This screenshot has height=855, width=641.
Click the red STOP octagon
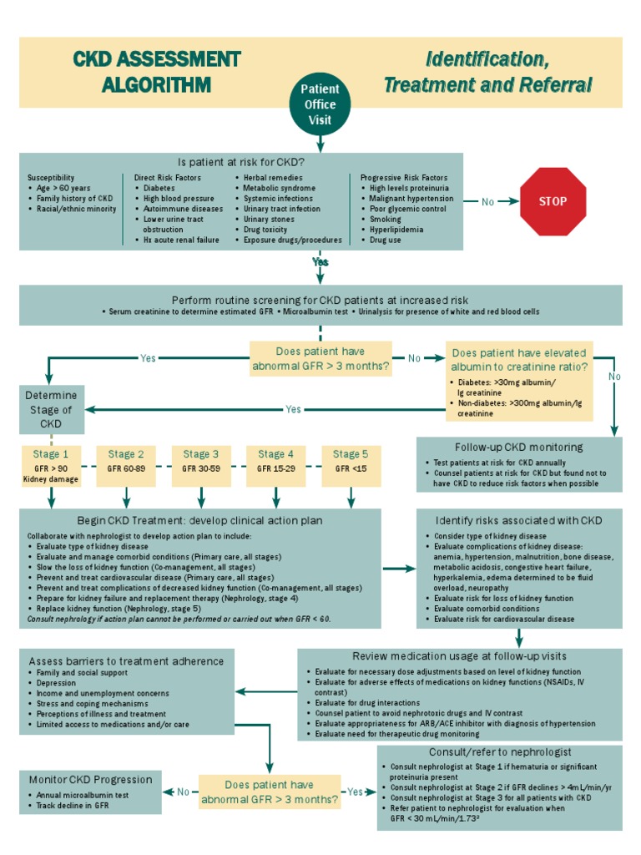553,201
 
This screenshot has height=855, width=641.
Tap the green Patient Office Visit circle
320,105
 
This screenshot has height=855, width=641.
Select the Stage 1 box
52,466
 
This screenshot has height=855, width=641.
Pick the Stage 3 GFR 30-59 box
196,466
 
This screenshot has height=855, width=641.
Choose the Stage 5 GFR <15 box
351,466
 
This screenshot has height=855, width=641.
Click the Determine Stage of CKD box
52,409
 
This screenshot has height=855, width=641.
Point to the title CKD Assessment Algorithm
156,72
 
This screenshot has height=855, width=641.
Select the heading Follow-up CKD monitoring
519,447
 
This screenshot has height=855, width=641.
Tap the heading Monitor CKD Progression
90,779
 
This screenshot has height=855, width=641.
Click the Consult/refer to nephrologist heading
499,752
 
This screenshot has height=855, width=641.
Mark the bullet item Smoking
386,219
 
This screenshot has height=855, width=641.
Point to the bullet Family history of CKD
74,199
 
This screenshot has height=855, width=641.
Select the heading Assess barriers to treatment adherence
126,660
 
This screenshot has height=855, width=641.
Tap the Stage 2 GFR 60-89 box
124,466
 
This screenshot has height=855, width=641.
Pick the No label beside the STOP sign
489,202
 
